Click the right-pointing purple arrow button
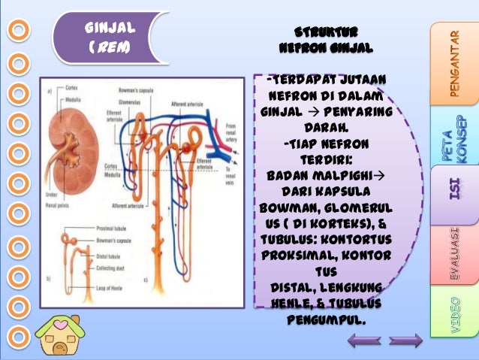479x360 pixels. click(405, 341)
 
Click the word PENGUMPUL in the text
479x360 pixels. click(326, 320)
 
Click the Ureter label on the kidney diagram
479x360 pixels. click(52, 192)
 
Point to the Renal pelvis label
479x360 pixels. click(59, 202)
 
